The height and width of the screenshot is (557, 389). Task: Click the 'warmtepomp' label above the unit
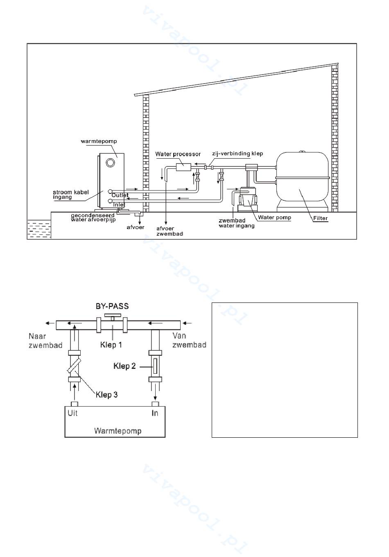99,141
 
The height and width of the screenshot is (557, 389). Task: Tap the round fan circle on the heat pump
110,163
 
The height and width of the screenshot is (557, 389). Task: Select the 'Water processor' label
178,154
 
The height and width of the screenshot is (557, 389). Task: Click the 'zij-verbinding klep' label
237,154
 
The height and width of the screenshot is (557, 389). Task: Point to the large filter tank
302,181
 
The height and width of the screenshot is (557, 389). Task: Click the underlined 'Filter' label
321,218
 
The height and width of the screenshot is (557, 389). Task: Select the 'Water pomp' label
274,218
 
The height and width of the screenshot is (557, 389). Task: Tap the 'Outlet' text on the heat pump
120,196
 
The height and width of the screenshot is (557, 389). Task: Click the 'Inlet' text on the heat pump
119,205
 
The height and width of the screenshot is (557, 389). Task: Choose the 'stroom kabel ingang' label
71,195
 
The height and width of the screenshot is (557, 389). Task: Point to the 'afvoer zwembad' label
170,231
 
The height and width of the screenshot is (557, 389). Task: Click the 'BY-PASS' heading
112,306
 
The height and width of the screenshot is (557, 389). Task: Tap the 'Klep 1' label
111,345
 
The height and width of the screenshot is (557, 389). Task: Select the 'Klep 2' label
124,366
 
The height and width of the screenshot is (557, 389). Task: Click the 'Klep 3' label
106,395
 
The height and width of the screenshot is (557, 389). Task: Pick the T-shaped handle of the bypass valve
113,317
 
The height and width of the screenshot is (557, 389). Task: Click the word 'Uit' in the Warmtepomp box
72,413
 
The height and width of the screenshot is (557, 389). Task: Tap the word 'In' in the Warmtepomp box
155,413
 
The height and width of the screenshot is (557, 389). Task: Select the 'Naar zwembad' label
45,341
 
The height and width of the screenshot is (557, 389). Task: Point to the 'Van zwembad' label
189,340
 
